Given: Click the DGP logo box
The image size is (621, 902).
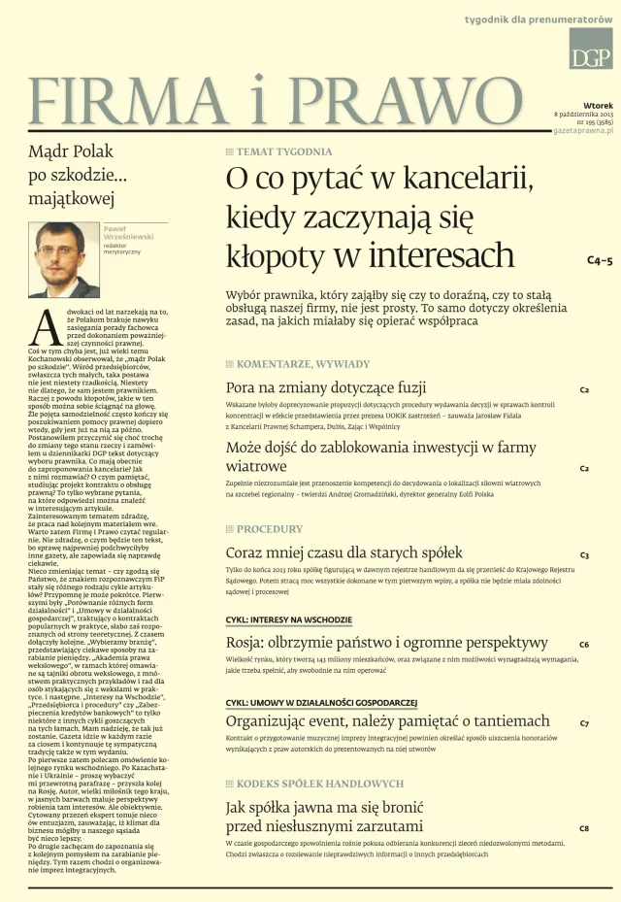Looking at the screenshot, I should coord(590,49).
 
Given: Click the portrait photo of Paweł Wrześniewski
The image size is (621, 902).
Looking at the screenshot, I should coord(63,258).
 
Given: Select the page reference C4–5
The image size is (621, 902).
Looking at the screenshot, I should coord(600,261).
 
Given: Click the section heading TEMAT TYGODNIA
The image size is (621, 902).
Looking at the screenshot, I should coord(284,151).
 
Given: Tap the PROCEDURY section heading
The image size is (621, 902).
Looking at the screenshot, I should coord(270,529).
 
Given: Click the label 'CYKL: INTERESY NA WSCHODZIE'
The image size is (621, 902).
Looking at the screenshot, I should coord(289,619).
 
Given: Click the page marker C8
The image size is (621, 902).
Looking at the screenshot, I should coord(584,828).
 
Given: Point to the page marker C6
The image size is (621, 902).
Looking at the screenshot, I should coord(584,644).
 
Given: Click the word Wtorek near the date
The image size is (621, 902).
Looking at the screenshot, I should coord(598,104).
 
